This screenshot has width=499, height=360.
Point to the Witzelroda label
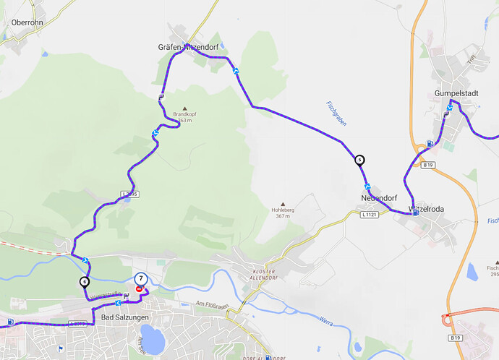426,208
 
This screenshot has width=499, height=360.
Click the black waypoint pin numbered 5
360,160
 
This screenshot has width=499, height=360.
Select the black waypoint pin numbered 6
85,281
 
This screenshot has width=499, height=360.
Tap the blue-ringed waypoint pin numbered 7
141,278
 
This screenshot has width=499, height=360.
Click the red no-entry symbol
139,288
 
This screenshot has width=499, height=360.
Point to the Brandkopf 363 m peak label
185,116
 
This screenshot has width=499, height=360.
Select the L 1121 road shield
369,214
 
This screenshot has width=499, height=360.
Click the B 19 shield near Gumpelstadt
428,166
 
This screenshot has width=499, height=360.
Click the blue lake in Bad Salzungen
153,337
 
